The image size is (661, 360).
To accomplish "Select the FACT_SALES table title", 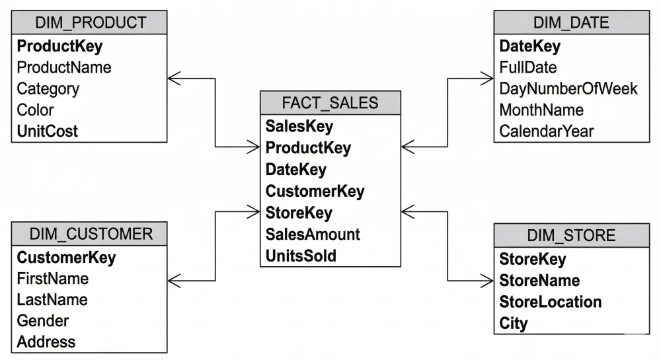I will coord(330,102).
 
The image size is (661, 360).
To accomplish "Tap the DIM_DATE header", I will coord(571,23).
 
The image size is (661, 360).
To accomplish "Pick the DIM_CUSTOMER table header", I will coord(90,233).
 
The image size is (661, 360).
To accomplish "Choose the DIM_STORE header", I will coord(571,236).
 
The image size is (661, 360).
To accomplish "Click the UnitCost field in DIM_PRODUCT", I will coord(48,131).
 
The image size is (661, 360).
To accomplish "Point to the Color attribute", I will coord(36,110).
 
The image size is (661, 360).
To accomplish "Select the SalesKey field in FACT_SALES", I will coord(299,126).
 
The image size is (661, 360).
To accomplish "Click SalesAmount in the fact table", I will coord(313,234).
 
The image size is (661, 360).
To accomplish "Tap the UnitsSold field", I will coord(301,256).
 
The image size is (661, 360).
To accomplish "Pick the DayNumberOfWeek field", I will coord(568,89).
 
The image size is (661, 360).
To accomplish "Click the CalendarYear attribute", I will coord(547,131).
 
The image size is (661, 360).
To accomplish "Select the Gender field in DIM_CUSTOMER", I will coord(43,320).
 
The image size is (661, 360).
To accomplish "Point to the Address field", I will coord(46,342).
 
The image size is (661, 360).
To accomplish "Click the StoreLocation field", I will coord(550,302).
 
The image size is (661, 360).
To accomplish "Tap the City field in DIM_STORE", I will coord(514,323).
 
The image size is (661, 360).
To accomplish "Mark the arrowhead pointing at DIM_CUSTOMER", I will coord(174,281).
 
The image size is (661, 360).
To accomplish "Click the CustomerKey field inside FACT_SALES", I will coord(315,191).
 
